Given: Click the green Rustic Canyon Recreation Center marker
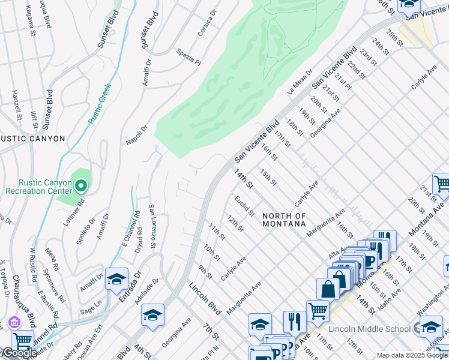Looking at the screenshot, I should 79,185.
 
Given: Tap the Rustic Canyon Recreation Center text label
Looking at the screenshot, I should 37,187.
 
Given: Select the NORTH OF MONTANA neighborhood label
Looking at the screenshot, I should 284,219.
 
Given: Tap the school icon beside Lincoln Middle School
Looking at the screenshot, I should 431,327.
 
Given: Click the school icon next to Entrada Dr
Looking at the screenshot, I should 116,279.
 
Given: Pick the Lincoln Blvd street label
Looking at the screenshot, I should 205,298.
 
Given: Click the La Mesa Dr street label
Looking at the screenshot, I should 300,81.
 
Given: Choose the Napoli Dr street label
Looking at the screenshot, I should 136,135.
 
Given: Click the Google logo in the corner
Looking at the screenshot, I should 19,353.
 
